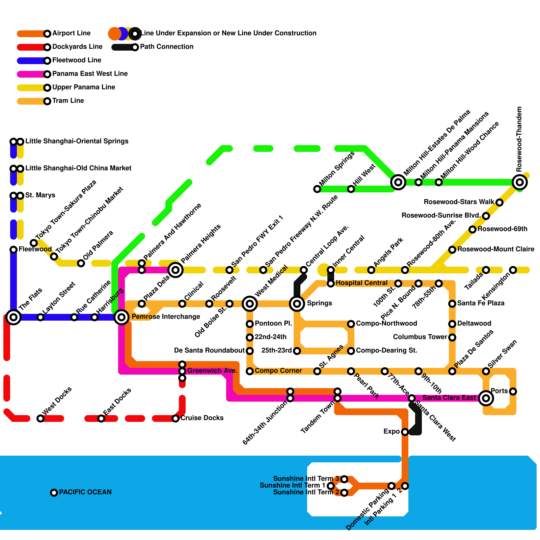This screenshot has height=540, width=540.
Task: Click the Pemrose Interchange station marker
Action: click(x=122, y=317)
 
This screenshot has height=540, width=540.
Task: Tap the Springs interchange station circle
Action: click(x=297, y=304)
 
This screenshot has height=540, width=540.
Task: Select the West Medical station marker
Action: click(x=250, y=304)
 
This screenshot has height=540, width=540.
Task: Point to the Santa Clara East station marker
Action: click(x=486, y=398)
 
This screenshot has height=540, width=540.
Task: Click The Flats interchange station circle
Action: click(x=13, y=317)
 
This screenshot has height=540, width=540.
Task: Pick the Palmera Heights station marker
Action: click(x=175, y=270)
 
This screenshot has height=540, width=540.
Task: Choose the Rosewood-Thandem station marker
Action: click(x=520, y=182)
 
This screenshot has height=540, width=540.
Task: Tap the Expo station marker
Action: click(x=405, y=432)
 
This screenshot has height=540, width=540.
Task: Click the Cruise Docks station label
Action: click(x=202, y=418)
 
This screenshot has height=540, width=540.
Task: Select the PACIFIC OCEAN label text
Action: click(x=85, y=492)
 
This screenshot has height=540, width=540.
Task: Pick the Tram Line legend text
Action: click(x=68, y=101)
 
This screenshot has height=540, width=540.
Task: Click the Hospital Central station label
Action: click(x=361, y=283)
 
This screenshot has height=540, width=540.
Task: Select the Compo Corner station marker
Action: click(x=250, y=371)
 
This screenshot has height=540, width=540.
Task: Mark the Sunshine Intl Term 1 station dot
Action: click(x=331, y=486)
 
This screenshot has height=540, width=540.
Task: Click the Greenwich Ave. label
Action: click(x=212, y=371)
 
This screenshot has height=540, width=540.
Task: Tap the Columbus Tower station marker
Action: click(x=452, y=337)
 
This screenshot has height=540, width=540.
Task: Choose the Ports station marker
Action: click(x=513, y=391)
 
